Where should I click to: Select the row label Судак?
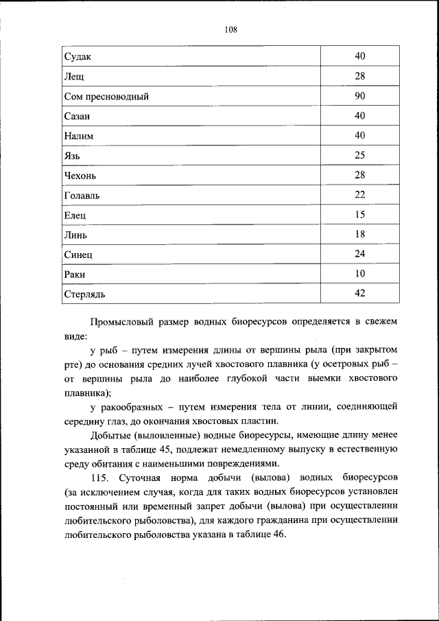78,56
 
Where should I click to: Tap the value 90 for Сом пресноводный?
360,95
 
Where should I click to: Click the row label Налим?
78,136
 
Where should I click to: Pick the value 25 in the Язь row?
360,155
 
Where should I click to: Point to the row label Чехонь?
80,176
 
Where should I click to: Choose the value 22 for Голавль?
360,194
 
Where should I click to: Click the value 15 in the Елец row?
360,214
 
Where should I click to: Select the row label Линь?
75,235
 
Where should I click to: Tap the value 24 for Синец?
360,254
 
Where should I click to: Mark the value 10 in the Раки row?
360,274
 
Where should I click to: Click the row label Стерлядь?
84,295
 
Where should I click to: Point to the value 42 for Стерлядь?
360,293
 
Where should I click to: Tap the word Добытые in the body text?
111,436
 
